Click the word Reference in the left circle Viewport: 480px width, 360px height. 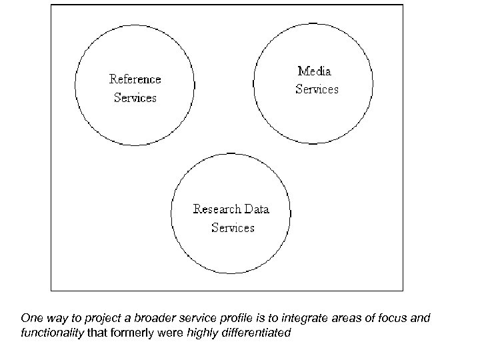(x=135, y=79)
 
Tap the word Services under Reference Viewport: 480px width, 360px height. (x=135, y=98)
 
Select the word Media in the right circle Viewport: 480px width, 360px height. (x=315, y=71)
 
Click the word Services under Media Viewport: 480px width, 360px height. (x=317, y=89)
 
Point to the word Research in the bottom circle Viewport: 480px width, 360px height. (x=217, y=209)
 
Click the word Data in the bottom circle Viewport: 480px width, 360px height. (x=257, y=209)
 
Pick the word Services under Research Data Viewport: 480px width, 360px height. (x=233, y=228)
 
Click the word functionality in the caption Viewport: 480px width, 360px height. (x=53, y=331)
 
